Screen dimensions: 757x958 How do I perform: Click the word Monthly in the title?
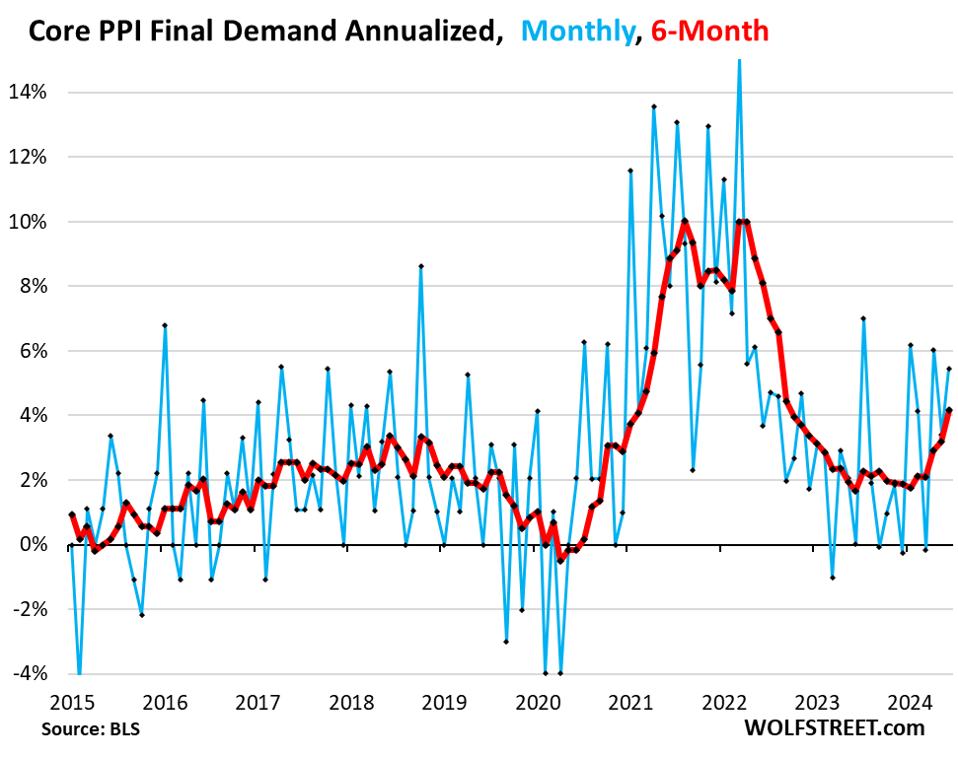574,32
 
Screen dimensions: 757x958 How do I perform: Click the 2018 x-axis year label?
351,703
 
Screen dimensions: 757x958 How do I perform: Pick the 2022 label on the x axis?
726,703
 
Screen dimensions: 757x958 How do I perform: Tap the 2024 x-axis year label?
913,703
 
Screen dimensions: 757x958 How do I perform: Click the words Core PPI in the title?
82,32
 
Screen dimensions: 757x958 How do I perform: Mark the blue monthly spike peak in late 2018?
421,266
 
